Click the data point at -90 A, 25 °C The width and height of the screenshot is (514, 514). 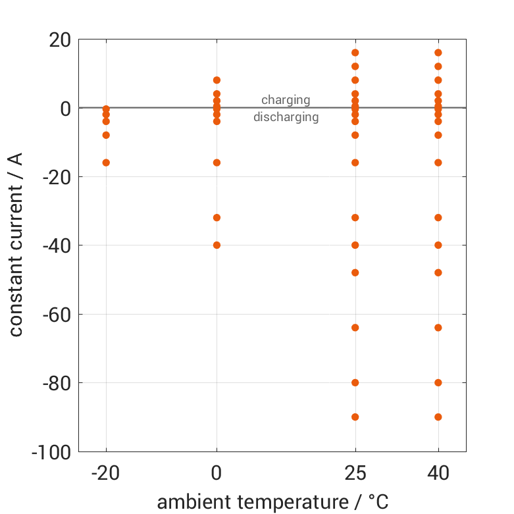click(355, 417)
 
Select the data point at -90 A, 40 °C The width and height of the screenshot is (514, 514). click(438, 417)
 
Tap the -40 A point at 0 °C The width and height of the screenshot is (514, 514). click(217, 245)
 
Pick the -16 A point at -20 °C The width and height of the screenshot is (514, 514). click(106, 163)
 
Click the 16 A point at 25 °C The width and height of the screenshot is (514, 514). click(355, 53)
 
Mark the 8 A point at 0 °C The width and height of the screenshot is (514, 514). click(217, 80)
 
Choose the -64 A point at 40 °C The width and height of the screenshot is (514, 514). click(438, 327)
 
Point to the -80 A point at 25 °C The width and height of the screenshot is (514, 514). click(355, 382)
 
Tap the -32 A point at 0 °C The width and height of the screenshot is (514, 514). click(217, 217)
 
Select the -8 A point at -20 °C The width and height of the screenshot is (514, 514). click(106, 135)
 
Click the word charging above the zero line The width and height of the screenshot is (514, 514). click(286, 100)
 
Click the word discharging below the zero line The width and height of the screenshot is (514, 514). click(286, 118)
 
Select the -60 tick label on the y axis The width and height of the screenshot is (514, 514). click(55, 315)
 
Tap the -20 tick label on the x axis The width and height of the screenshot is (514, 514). click(105, 474)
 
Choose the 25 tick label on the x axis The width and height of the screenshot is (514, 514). click(355, 474)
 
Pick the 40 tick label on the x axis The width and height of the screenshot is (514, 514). click(438, 474)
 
